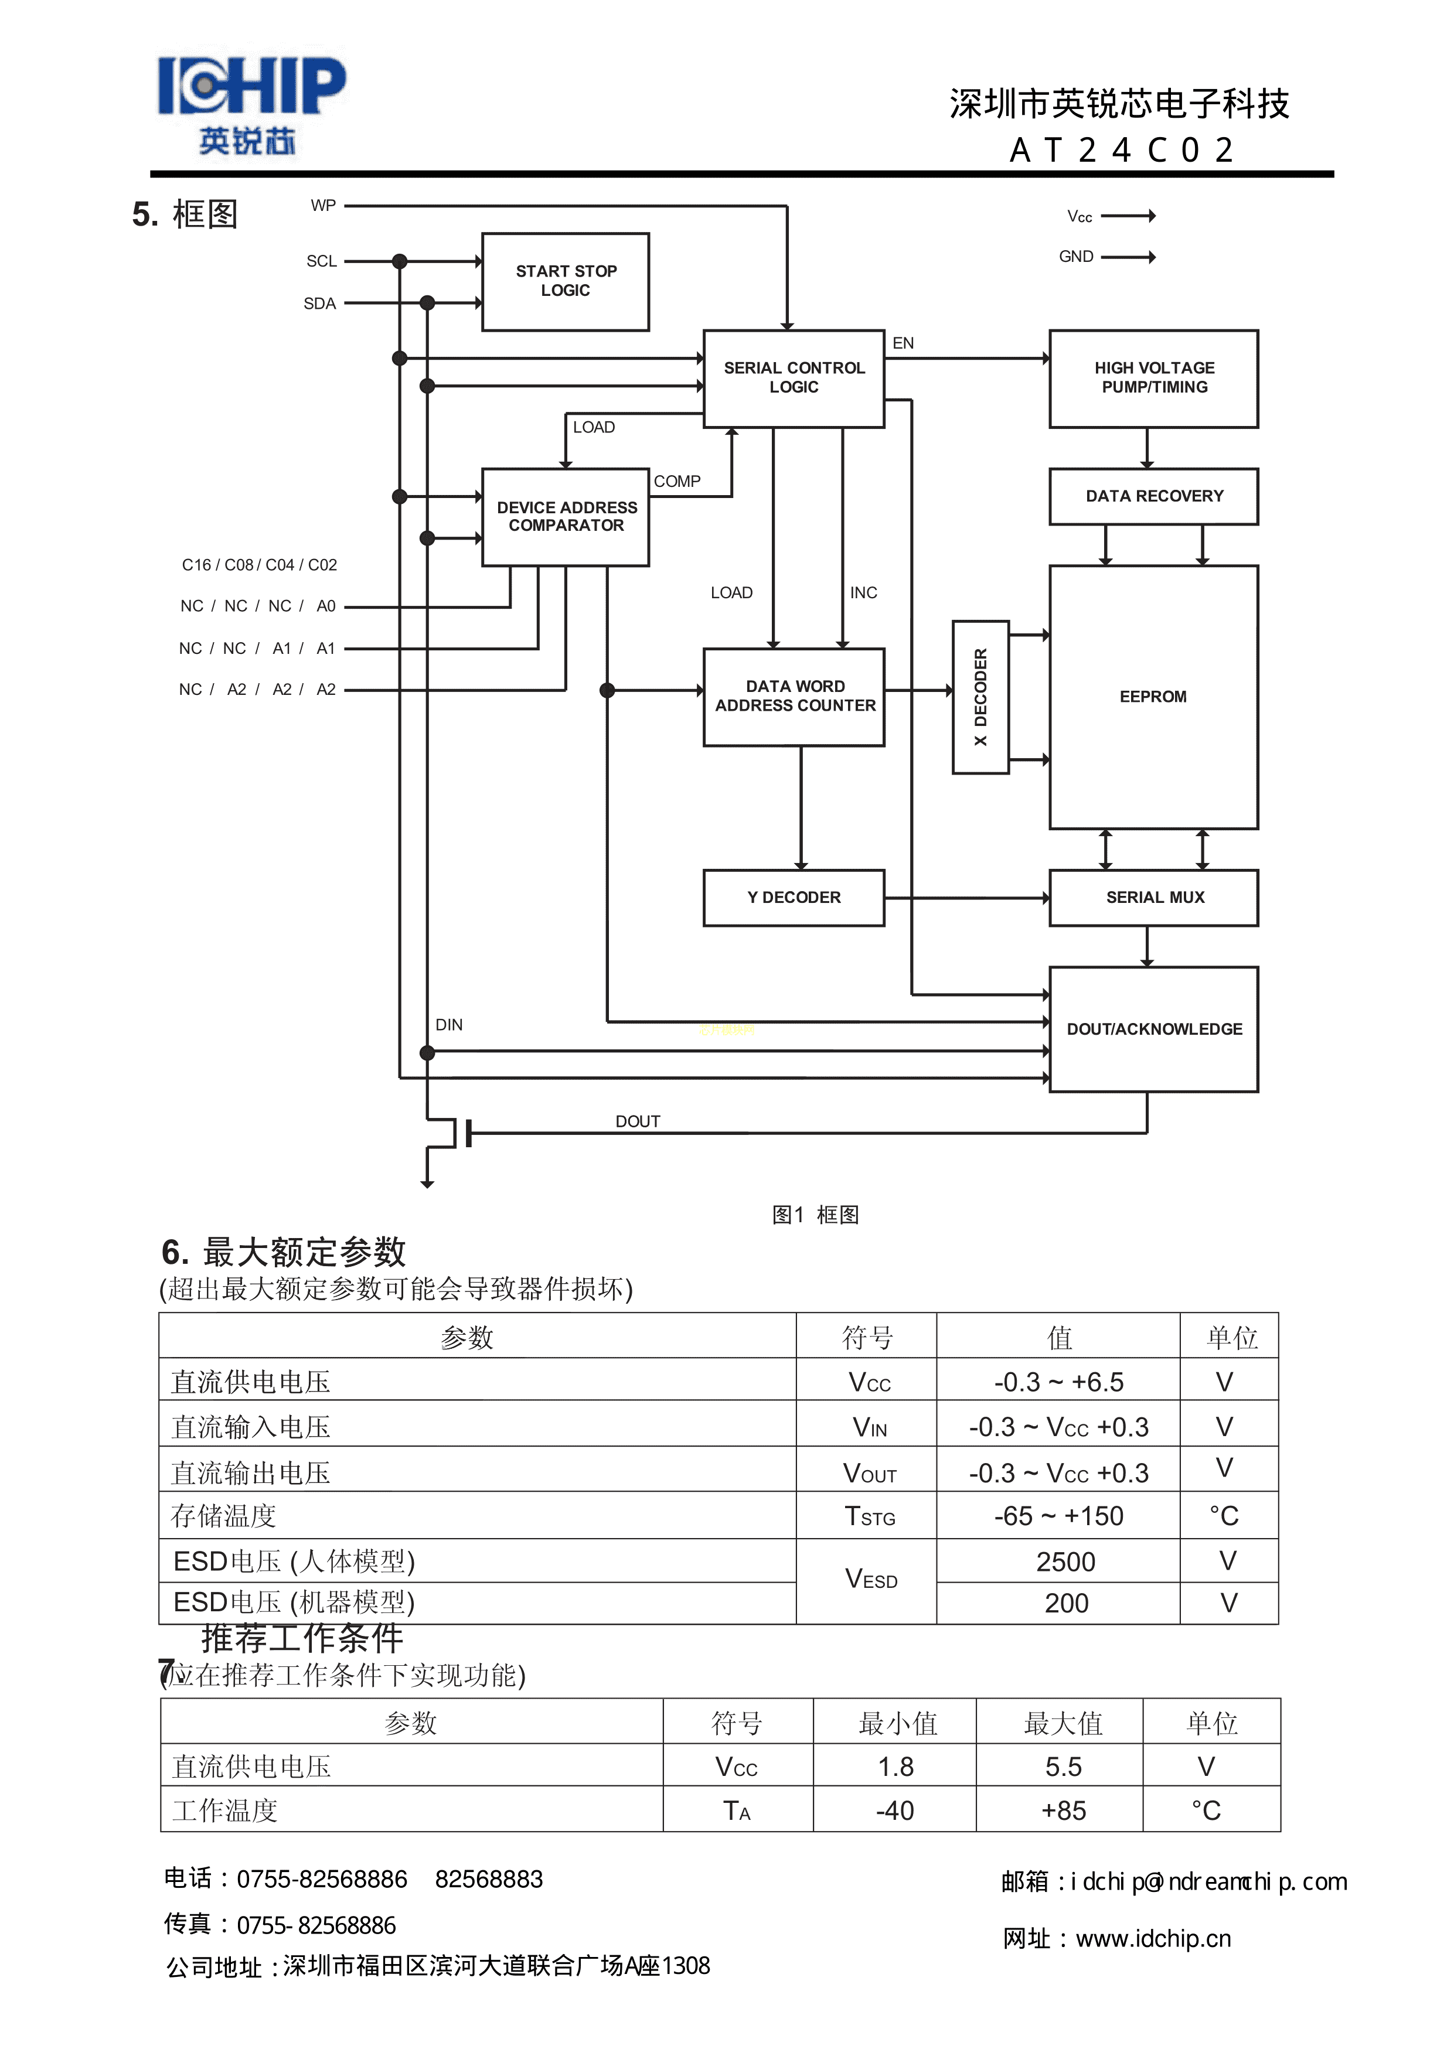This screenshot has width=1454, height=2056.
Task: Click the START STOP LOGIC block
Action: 566,281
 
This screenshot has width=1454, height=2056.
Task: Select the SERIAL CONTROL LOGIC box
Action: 794,378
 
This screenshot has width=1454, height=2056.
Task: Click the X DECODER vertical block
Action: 980,697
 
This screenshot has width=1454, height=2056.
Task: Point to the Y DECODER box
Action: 794,897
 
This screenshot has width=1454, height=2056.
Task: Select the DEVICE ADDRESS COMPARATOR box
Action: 566,517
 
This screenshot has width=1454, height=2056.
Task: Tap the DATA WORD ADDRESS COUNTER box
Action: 794,697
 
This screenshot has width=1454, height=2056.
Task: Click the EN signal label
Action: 903,343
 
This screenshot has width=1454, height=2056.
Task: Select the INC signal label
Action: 864,593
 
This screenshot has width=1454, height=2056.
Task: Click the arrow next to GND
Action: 1128,257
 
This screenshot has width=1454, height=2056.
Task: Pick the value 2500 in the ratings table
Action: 1065,1561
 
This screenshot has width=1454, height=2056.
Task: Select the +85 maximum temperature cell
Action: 1064,1810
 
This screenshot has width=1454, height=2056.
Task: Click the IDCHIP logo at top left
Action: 251,103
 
